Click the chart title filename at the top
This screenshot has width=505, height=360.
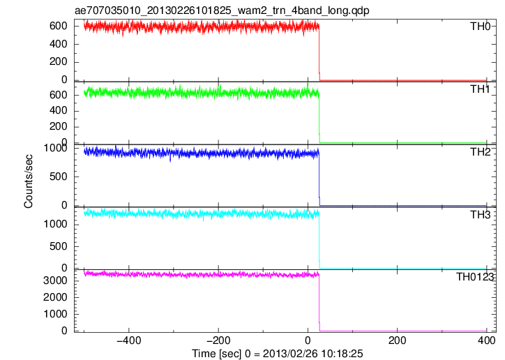(222, 10)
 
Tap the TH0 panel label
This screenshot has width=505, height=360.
(480, 26)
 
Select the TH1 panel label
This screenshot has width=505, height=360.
(480, 89)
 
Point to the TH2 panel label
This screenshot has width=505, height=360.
(480, 151)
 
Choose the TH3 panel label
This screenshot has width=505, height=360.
(480, 214)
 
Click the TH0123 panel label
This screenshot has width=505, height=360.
(475, 276)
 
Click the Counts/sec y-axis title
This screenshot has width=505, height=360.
(29, 181)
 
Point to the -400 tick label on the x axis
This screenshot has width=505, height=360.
(129, 340)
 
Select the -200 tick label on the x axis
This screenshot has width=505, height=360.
(218, 340)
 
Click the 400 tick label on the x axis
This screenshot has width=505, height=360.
(486, 340)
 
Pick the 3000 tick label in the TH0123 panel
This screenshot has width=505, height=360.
(55, 280)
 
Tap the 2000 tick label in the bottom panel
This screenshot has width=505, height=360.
(55, 297)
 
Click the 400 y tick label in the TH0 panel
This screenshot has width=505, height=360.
(59, 44)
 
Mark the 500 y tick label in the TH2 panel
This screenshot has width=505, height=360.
(59, 177)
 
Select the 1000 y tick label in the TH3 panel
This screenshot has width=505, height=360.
(55, 225)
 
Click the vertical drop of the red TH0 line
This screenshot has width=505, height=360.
(319, 53)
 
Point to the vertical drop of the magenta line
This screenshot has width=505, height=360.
(319, 303)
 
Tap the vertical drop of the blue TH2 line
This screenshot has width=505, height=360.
(319, 179)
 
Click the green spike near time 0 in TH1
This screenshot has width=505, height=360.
(308, 87)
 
